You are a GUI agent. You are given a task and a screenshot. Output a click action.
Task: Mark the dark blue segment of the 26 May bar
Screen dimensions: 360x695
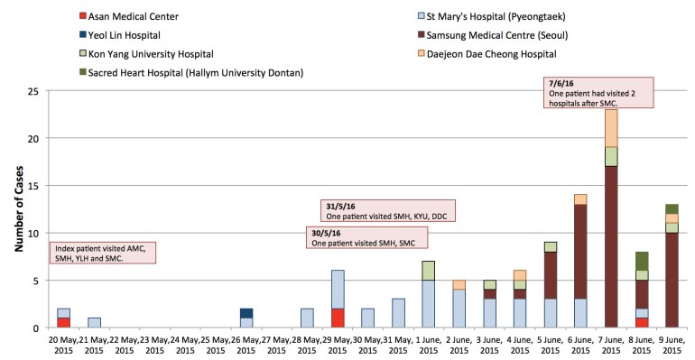coord(246,313)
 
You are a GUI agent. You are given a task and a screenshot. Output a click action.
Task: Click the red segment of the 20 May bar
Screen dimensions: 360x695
coord(64,322)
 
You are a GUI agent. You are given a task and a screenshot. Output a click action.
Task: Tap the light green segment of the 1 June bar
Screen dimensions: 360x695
coord(428,271)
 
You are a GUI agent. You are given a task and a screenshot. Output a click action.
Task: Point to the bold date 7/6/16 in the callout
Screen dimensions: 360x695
coord(560,82)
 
